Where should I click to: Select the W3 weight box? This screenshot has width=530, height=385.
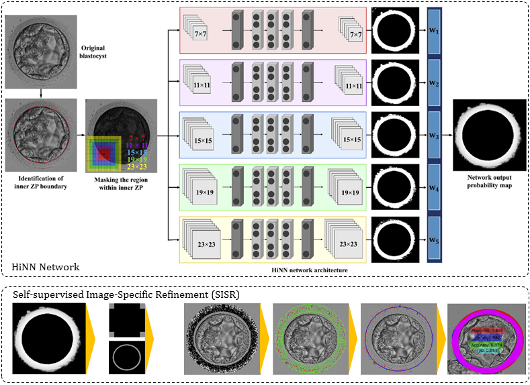coord(433,135)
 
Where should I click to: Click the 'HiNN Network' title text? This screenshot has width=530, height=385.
coord(46,267)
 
